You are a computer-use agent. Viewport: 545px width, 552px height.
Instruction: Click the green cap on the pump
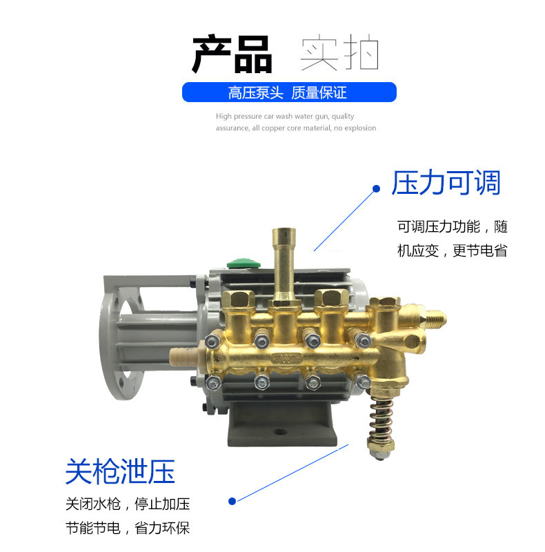pyautogui.click(x=243, y=263)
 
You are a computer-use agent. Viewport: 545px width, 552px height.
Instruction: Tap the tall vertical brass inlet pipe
pyautogui.click(x=284, y=266)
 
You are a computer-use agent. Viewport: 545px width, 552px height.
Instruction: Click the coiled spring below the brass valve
pyautogui.click(x=381, y=418)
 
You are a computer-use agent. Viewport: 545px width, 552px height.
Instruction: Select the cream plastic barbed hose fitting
pyautogui.click(x=184, y=357)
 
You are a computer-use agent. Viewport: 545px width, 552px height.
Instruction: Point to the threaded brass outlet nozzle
pyautogui.click(x=435, y=319)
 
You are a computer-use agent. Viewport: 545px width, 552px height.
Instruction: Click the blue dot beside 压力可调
pyautogui.click(x=376, y=188)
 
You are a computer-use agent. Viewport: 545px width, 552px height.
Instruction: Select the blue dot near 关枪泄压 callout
pyautogui.click(x=232, y=501)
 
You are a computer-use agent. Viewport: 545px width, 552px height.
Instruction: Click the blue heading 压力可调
pyautogui.click(x=446, y=183)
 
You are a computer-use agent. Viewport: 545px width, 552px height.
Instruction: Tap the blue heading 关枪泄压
pyautogui.click(x=120, y=472)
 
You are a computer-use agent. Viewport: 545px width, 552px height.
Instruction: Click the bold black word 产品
pyautogui.click(x=232, y=54)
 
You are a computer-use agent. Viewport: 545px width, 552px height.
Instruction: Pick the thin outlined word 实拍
pyautogui.click(x=339, y=52)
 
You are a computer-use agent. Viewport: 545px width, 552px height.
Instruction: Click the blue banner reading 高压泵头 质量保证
pyautogui.click(x=289, y=92)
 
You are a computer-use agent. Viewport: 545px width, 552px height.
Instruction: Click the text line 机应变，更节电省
pyautogui.click(x=452, y=251)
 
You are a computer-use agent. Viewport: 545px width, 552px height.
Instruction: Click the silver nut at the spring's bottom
pyautogui.click(x=380, y=451)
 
